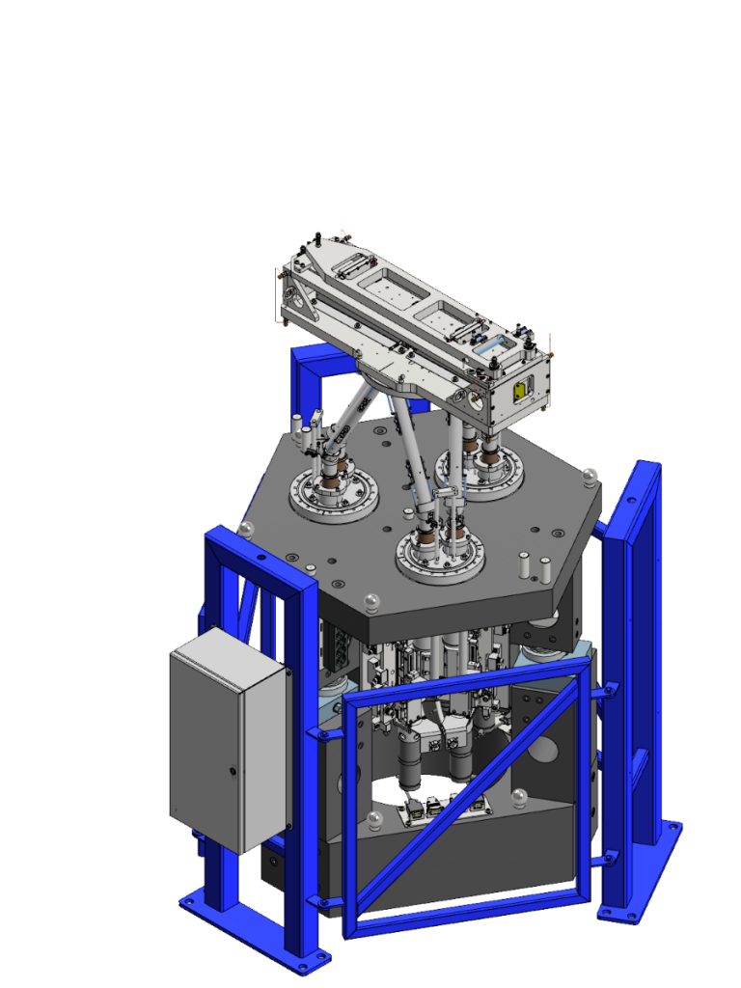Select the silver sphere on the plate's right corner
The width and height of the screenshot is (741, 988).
[590, 476]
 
